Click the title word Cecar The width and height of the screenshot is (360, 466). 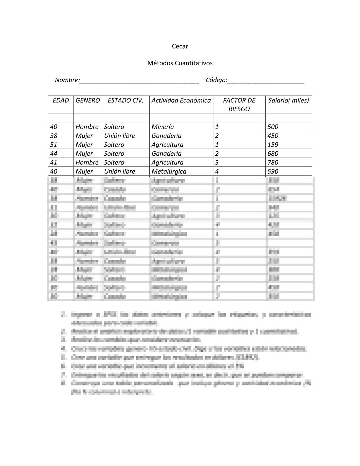pyautogui.click(x=180, y=46)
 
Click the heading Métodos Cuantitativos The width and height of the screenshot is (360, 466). pyautogui.click(x=180, y=63)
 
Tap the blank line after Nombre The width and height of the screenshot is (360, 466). pyautogui.click(x=139, y=81)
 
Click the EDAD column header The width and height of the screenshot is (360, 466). pyautogui.click(x=61, y=100)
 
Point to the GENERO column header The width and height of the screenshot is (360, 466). pyautogui.click(x=88, y=100)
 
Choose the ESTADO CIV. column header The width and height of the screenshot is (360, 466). pyautogui.click(x=126, y=100)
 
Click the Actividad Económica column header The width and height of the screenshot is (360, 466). pyautogui.click(x=181, y=100)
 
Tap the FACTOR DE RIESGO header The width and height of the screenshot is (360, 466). pyautogui.click(x=239, y=104)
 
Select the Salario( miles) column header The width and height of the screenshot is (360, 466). pyautogui.click(x=288, y=100)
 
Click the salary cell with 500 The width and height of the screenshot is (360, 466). pyautogui.click(x=273, y=127)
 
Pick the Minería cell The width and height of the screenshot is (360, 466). pyautogui.click(x=163, y=127)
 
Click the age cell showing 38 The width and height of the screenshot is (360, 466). pyautogui.click(x=54, y=136)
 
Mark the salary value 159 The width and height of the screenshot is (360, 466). pyautogui.click(x=273, y=144)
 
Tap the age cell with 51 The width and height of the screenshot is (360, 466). pyautogui.click(x=54, y=144)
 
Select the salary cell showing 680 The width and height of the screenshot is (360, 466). pyautogui.click(x=273, y=153)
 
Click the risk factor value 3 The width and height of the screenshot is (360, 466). pyautogui.click(x=217, y=162)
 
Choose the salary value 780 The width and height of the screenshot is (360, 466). pyautogui.click(x=273, y=162)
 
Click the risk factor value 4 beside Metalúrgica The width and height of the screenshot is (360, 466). pyautogui.click(x=217, y=171)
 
